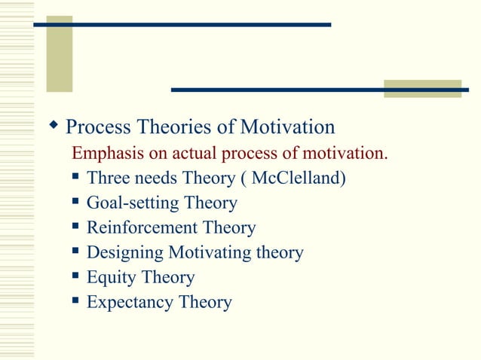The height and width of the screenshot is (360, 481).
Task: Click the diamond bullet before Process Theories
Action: click(x=54, y=124)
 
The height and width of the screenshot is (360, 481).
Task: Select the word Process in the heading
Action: click(x=96, y=127)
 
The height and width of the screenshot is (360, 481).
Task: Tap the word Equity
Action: click(x=109, y=278)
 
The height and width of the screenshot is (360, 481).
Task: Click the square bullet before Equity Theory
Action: click(x=75, y=276)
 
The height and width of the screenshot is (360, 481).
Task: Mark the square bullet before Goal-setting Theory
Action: click(x=75, y=202)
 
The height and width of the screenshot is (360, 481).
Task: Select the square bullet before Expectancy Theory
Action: click(x=75, y=301)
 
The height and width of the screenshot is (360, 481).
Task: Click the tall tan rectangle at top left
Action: click(x=60, y=53)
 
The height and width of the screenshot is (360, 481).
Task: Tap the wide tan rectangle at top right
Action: click(x=422, y=88)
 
